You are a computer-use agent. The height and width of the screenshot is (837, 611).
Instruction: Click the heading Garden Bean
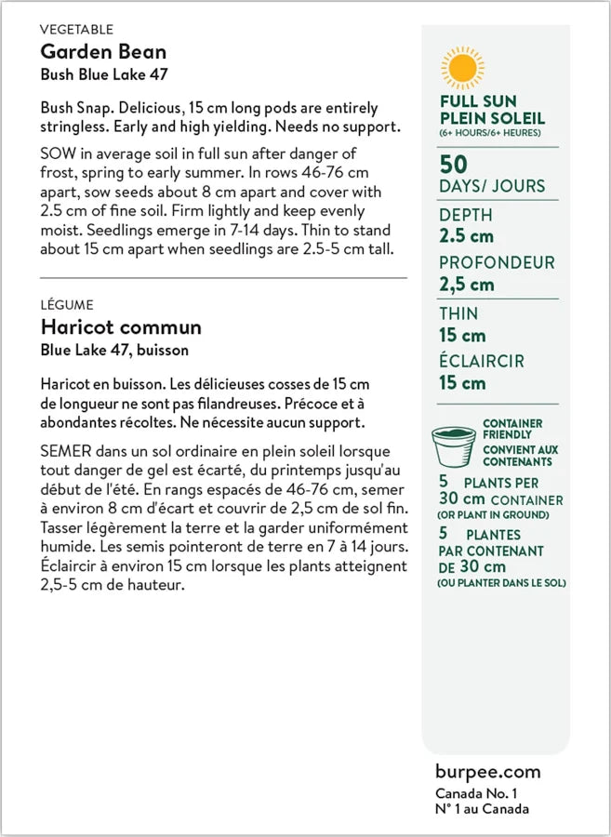click(103, 51)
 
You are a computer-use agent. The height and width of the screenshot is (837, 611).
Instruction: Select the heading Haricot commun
click(121, 327)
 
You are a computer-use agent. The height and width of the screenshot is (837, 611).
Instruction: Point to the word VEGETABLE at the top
click(77, 30)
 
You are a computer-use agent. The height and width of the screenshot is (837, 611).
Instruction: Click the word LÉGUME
click(67, 305)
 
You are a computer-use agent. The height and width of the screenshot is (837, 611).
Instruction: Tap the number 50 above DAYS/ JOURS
click(453, 165)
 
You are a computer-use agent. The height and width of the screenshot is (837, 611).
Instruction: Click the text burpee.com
click(487, 772)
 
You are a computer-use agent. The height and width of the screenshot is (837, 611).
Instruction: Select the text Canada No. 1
click(475, 793)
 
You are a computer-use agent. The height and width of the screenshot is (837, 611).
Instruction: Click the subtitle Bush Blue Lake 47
click(104, 74)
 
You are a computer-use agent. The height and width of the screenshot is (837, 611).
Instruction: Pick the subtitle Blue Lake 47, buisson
click(114, 351)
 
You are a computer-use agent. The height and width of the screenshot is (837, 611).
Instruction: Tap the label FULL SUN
click(478, 101)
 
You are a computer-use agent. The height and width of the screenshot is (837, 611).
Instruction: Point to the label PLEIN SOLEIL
click(492, 118)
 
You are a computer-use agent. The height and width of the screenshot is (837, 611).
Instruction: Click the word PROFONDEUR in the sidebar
click(497, 263)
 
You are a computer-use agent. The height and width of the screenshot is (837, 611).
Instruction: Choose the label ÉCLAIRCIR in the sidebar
click(482, 361)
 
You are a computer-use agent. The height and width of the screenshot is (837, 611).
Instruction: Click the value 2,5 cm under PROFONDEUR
click(467, 285)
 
